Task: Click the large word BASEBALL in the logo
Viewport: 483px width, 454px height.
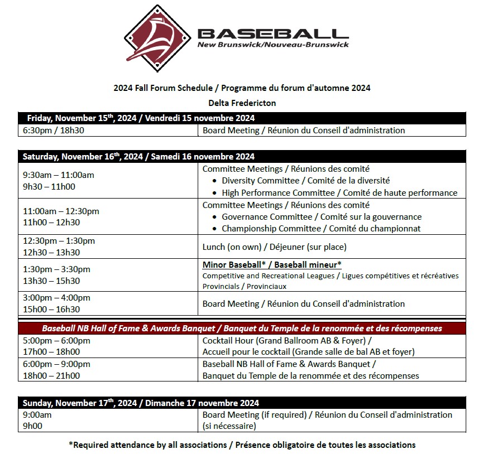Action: pyautogui.click(x=273, y=33)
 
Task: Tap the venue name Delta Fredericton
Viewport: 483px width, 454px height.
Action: pyautogui.click(x=242, y=103)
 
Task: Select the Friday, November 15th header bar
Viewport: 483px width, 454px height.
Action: pyautogui.click(x=241, y=118)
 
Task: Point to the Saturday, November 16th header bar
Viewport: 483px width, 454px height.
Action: pyautogui.click(x=241, y=157)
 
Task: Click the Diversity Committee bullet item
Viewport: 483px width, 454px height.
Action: pyautogui.click(x=305, y=181)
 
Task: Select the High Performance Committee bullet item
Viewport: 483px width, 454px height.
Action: pyautogui.click(x=339, y=193)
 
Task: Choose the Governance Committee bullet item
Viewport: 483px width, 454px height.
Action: pyautogui.click(x=321, y=217)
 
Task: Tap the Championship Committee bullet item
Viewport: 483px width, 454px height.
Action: pyautogui.click(x=321, y=229)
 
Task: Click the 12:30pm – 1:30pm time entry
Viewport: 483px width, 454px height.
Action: pyautogui.click(x=59, y=241)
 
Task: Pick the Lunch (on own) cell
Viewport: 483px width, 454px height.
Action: pyautogui.click(x=274, y=247)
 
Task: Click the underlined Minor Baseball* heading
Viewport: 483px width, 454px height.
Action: pyautogui.click(x=271, y=264)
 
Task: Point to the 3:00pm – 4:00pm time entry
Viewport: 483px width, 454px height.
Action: pyautogui.click(x=56, y=298)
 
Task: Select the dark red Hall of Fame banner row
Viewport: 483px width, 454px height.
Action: pyautogui.click(x=241, y=328)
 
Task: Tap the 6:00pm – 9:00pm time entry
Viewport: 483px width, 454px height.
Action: pyautogui.click(x=56, y=364)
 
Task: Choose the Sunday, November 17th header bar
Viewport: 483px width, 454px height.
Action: pyautogui.click(x=241, y=403)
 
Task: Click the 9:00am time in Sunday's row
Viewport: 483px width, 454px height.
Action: pyautogui.click(x=37, y=415)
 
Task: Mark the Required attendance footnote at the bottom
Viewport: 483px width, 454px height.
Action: pyautogui.click(x=242, y=445)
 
